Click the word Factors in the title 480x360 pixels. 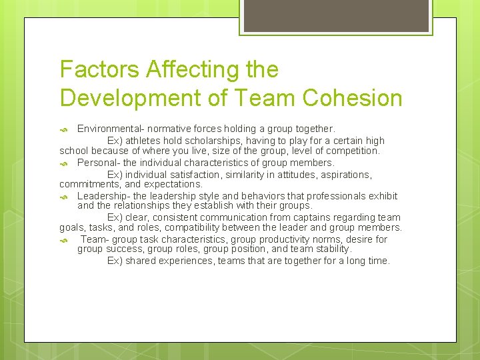click(x=99, y=69)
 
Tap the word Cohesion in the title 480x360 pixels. click(x=352, y=97)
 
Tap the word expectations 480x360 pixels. click(x=171, y=184)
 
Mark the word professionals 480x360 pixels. click(x=324, y=196)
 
